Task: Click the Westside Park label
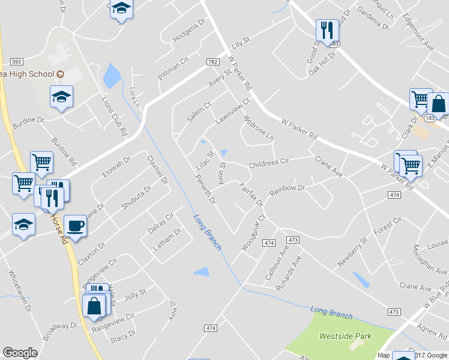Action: (345, 337)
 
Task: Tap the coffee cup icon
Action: (75, 226)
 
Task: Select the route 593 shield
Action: (16, 62)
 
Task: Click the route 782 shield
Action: (212, 62)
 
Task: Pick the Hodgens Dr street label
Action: (188, 32)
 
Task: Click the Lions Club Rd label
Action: (114, 116)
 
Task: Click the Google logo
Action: (20, 353)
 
